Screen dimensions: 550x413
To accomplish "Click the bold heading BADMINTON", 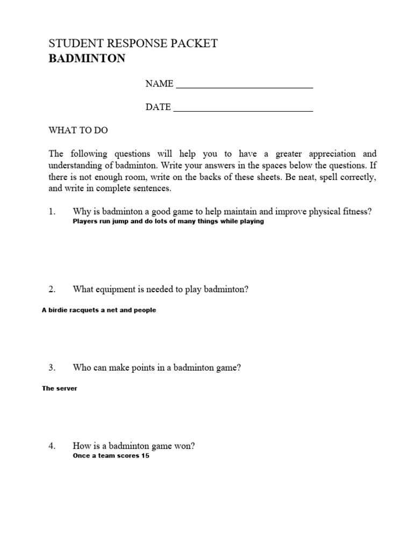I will pos(87,59).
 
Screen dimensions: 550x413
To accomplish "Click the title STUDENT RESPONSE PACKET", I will pos(133,44).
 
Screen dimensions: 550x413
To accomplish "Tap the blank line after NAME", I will pos(245,85).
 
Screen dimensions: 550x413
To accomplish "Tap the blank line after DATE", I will pos(243,107).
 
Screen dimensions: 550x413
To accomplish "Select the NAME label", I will pos(159,84).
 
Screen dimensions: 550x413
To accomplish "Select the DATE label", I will pos(158,107).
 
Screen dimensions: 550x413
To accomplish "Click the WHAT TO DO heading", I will pos(82,131).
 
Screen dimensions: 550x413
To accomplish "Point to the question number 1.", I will pos(52,212).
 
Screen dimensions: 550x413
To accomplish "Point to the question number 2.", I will pos(52,290).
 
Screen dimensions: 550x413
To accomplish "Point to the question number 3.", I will pos(52,368).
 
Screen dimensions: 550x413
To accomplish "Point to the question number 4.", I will pos(52,446).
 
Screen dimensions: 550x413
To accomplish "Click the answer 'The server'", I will pos(60,388).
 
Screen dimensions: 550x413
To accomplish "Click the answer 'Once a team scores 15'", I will pos(111,456).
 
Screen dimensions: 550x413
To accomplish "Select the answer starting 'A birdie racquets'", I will pos(99,310).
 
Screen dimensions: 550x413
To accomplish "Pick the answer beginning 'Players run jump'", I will pos(168,221).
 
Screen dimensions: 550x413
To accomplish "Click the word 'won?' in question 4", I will pos(184,446).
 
